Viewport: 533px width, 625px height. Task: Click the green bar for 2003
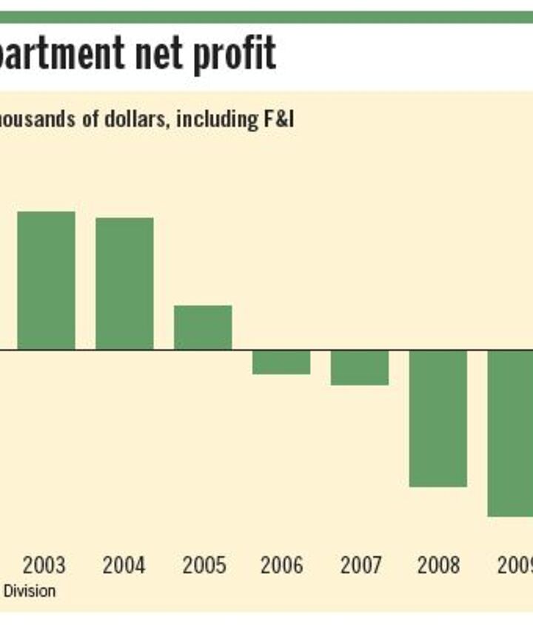tap(46, 280)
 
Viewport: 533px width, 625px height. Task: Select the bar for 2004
tap(124, 283)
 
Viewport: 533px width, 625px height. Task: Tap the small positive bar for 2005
tap(203, 327)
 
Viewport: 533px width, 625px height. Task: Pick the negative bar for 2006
tap(281, 362)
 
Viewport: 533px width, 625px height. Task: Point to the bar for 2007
tap(360, 367)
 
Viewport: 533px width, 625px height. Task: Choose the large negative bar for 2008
tap(438, 418)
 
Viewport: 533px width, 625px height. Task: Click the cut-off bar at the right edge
tap(511, 433)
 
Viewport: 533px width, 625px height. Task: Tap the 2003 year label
tap(44, 566)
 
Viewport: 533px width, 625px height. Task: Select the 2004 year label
tap(124, 566)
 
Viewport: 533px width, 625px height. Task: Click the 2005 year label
tap(204, 566)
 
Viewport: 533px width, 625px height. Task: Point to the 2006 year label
tap(281, 566)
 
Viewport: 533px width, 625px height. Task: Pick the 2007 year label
tap(361, 566)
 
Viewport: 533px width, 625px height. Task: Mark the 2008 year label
tap(439, 566)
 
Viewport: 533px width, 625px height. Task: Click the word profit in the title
tap(237, 53)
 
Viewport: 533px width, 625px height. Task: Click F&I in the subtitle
tap(278, 119)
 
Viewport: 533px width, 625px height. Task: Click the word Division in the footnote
tap(30, 592)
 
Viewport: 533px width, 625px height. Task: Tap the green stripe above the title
tap(266, 17)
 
